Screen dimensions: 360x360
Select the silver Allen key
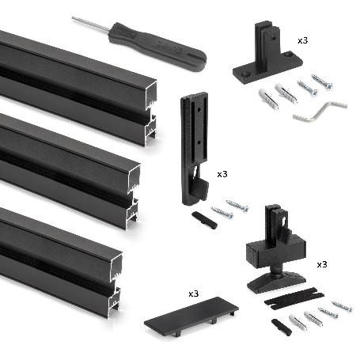[x=320, y=112]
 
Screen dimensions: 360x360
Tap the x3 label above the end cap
[x=193, y=293]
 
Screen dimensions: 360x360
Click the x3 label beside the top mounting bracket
[x=303, y=39]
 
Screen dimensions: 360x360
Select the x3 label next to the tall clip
[x=222, y=173]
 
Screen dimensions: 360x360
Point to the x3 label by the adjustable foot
[x=322, y=263]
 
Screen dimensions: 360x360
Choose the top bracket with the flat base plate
[x=267, y=59]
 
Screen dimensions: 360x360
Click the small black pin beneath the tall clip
[x=203, y=220]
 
